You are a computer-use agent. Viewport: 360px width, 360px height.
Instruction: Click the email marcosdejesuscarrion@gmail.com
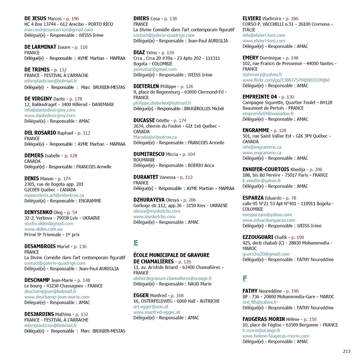pyautogui.click(x=58, y=30)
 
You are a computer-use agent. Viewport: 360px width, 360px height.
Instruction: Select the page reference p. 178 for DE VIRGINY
pyautogui.click(x=74, y=98)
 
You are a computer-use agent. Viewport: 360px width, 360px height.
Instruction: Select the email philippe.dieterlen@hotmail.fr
pyautogui.click(x=162, y=103)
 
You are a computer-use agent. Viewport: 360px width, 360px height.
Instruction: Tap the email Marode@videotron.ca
pyautogui.click(x=155, y=137)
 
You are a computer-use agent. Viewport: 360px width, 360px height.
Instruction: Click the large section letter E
pyautogui.click(x=136, y=243)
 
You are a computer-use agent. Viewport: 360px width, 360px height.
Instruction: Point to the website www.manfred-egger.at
pyautogui.click(x=156, y=312)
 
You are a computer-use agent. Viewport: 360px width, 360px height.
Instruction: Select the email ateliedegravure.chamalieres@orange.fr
pyautogui.click(x=172, y=278)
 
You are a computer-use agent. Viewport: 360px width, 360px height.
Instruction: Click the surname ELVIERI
pyautogui.click(x=255, y=19)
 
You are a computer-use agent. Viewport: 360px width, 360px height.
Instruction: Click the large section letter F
pyautogui.click(x=245, y=278)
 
